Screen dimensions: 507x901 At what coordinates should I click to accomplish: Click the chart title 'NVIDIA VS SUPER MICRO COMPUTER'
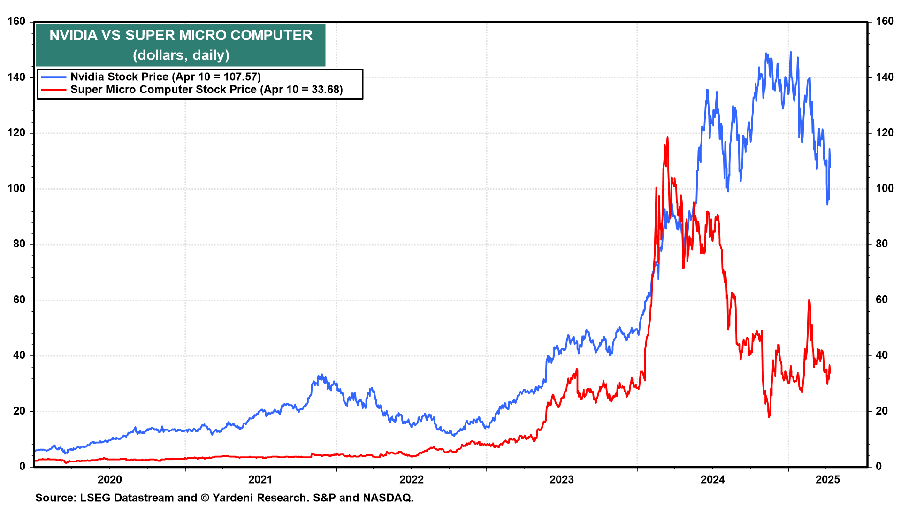point(181,35)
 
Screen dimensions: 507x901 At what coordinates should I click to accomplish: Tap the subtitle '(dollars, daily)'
point(181,55)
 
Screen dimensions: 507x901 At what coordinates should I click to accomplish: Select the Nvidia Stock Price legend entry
point(165,77)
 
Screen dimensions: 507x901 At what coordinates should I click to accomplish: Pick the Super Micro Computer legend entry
point(206,90)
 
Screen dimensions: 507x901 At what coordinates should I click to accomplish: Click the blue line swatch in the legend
point(53,77)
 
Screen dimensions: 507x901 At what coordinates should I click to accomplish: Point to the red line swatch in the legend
point(53,90)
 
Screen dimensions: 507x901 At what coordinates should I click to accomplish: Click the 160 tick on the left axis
point(16,22)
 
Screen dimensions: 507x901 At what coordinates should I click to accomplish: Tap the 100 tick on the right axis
point(885,189)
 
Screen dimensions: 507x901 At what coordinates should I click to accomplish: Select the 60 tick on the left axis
point(19,300)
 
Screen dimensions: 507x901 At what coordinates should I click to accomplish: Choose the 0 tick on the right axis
point(878,467)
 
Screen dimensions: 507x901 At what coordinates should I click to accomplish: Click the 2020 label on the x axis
point(109,480)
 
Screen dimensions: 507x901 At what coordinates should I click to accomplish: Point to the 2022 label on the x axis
point(411,480)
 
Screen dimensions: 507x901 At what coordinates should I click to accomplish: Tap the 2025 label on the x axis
point(827,480)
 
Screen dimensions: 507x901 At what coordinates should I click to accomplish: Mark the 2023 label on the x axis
point(562,480)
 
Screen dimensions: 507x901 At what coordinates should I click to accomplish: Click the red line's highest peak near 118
point(667,137)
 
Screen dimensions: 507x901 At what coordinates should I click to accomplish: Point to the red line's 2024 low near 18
point(769,416)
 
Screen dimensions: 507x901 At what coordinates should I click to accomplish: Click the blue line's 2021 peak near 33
point(321,375)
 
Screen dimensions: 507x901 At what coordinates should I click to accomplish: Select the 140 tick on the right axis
point(885,77)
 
